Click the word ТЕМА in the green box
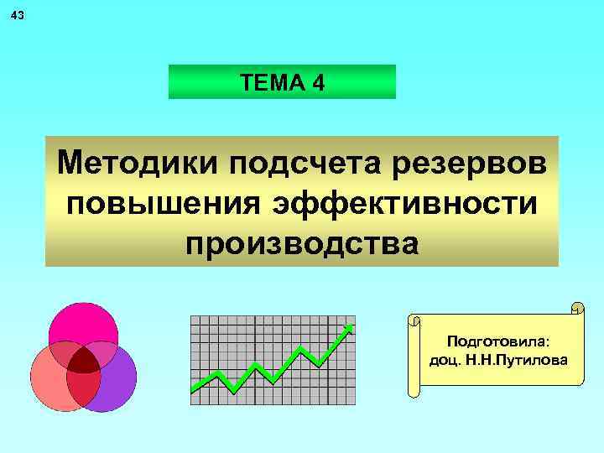[267, 83]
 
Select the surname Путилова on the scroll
[534, 360]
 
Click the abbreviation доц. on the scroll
[443, 360]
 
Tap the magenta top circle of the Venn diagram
[83, 327]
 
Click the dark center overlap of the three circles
[83, 362]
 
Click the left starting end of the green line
[194, 389]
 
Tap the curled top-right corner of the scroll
[576, 307]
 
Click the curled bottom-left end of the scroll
[414, 387]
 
